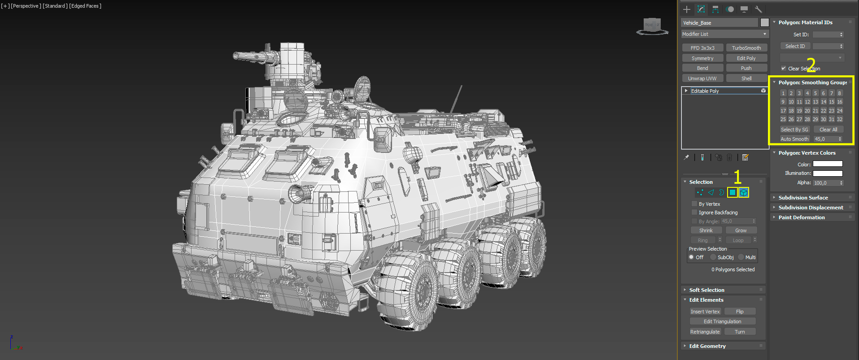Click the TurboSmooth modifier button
(x=746, y=48)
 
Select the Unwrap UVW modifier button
(x=702, y=78)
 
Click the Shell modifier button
(x=746, y=78)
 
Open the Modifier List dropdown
(x=725, y=34)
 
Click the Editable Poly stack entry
(x=705, y=91)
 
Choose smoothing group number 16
(x=840, y=102)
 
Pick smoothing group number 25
(x=783, y=119)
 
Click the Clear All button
(x=828, y=130)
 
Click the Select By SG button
(x=794, y=130)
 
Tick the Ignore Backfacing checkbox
(x=694, y=213)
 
